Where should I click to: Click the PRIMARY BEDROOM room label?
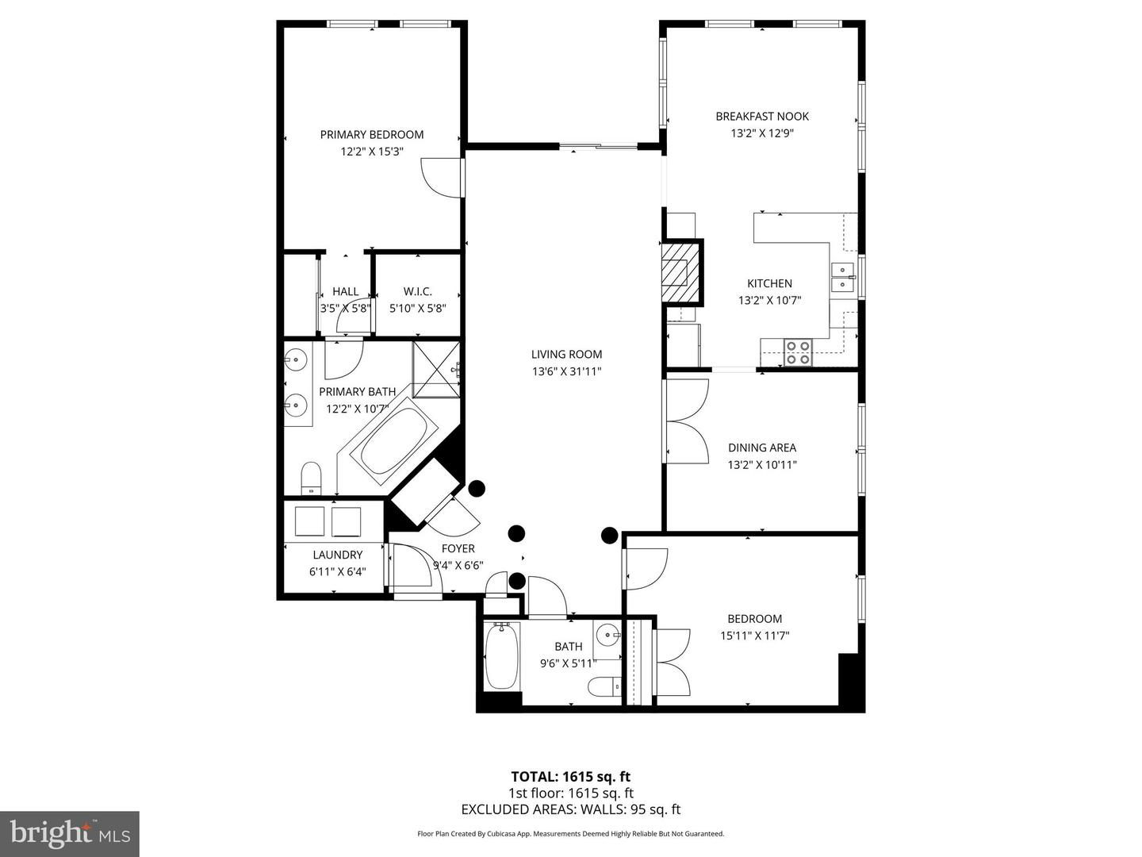pos(371,135)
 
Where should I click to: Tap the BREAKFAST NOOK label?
pos(761,117)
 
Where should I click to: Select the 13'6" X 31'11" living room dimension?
pos(566,371)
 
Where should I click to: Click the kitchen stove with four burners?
pos(798,352)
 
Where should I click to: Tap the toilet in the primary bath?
pos(311,477)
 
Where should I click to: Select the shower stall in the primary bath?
pos(436,367)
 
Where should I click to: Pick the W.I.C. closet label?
pos(417,292)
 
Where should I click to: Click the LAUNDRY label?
pos(337,555)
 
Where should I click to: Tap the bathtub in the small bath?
pos(500,655)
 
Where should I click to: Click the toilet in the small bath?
pos(604,686)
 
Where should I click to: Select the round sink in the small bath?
pos(608,633)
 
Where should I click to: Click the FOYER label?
pos(458,548)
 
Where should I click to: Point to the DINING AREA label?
pos(761,448)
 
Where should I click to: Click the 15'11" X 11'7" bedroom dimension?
pos(754,636)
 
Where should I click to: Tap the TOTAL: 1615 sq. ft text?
pos(570,777)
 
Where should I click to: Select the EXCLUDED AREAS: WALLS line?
pos(570,809)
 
